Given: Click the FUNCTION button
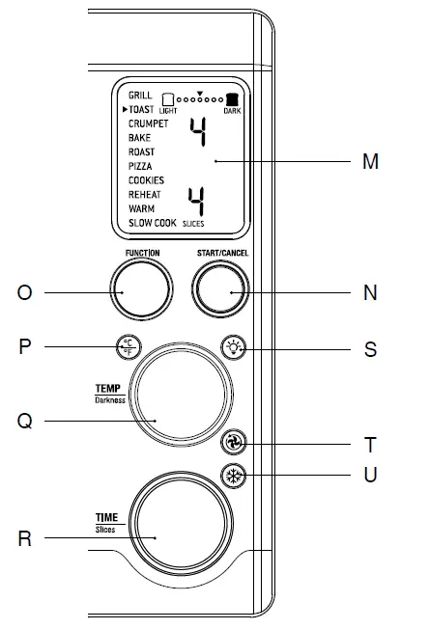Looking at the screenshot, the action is point(141,288).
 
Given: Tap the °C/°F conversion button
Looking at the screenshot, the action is point(129,347).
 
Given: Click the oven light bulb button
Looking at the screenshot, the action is point(234,347).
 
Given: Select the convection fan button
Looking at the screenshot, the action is point(234,443).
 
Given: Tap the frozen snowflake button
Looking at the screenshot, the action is point(234,476).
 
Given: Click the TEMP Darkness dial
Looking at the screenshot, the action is point(181,395).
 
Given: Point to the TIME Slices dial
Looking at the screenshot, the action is point(181,524).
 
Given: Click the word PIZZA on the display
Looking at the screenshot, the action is point(140,166).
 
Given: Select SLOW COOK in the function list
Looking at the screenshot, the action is point(153,223).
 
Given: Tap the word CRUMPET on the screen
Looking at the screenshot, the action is point(148,123).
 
